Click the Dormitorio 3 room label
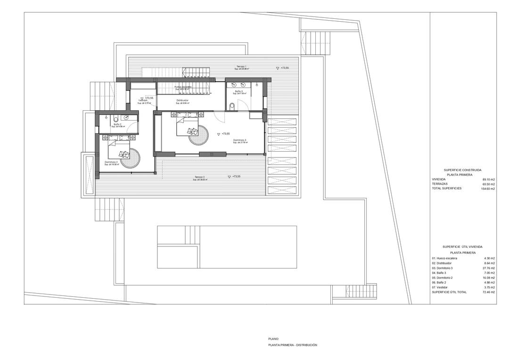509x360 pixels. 239,140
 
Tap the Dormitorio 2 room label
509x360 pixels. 112,162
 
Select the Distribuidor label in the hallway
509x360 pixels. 182,100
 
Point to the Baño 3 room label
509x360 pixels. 239,91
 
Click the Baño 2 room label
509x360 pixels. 117,124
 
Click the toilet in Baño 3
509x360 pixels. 232,106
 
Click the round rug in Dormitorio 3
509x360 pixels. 198,135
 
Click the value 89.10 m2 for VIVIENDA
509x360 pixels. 489,180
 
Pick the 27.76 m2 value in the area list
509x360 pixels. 489,268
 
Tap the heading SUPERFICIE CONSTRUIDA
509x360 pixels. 462,170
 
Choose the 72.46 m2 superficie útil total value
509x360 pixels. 489,292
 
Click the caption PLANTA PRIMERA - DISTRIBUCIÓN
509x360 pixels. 292,345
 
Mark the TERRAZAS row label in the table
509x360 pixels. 441,184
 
